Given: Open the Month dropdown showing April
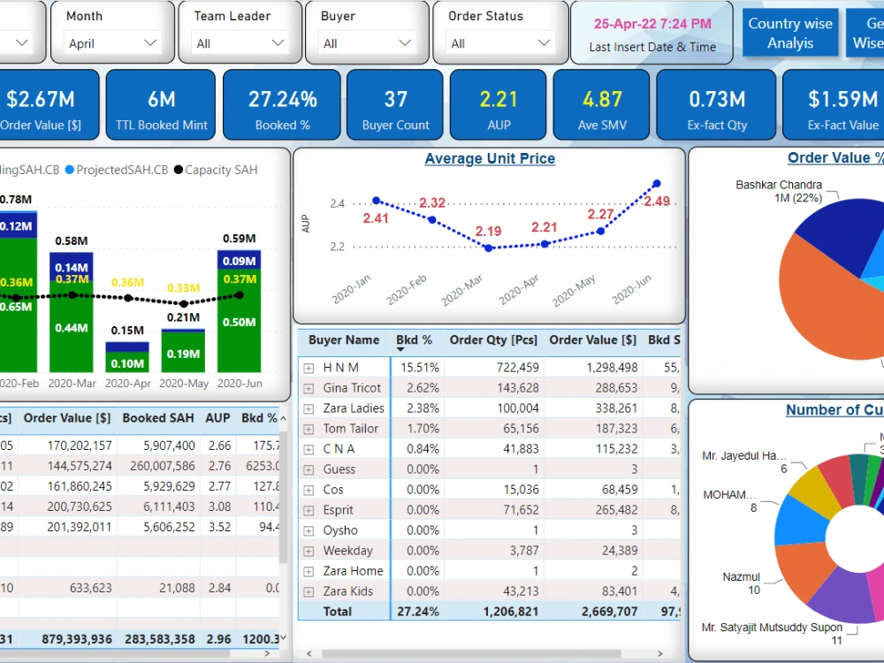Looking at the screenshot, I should click(112, 43).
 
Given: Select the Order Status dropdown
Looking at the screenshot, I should click(500, 43).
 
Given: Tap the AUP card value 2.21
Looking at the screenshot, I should click(499, 99).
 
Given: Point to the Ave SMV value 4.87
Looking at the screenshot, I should click(602, 99).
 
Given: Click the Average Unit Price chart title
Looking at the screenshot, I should click(490, 159).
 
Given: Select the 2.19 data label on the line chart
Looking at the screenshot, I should click(488, 232).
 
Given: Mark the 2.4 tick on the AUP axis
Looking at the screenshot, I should click(337, 204).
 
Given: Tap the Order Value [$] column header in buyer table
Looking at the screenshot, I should click(592, 340).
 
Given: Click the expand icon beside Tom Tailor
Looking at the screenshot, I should click(309, 429).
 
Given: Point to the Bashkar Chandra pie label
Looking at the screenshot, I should click(766, 191).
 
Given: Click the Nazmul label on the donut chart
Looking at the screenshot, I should click(741, 583).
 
